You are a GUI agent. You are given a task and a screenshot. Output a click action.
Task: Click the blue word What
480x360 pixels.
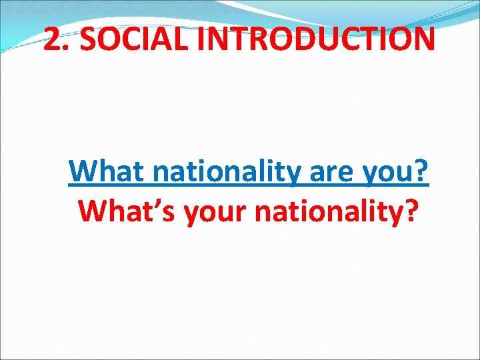click(x=107, y=172)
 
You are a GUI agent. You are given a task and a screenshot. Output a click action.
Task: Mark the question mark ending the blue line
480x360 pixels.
click(x=422, y=172)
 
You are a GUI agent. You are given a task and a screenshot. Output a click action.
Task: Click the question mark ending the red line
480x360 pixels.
click(x=412, y=211)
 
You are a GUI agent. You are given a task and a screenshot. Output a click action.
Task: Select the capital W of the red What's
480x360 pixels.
click(x=92, y=211)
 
